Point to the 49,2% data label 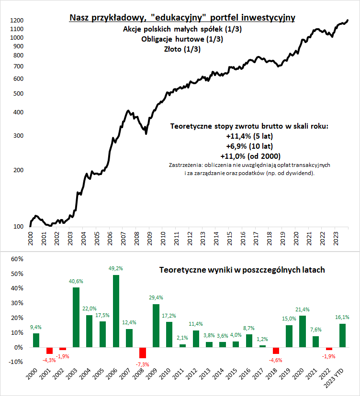(x=116, y=269)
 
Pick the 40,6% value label (x=76, y=281)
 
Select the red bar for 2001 (x=49, y=351)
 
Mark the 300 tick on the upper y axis (x=18, y=136)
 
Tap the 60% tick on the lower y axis (x=17, y=259)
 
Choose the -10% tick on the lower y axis (x=16, y=362)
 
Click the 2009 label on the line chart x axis (x=150, y=238)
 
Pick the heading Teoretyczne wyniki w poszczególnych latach (x=242, y=270)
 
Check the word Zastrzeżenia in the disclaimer (x=185, y=165)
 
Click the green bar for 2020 (x=302, y=331)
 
